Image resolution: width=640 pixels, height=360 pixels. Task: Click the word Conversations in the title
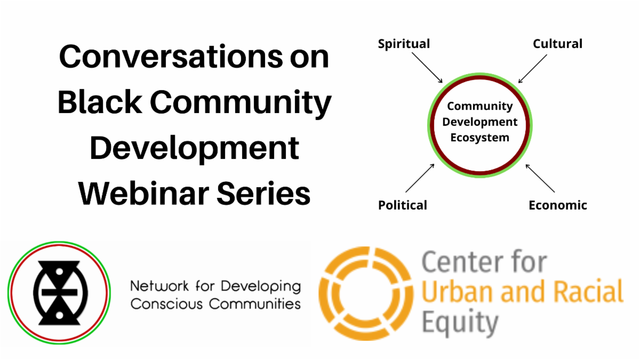171,57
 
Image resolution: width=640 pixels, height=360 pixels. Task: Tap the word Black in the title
100,102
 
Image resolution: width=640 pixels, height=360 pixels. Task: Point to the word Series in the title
263,194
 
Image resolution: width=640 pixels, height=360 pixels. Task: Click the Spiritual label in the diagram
404,44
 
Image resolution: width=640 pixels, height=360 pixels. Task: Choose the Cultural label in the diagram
557,44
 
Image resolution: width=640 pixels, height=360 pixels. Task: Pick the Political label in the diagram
403,205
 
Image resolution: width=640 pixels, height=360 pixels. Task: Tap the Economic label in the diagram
558,205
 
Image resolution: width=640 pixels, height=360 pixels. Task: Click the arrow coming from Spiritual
427,68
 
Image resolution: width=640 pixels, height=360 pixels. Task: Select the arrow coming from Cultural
533,69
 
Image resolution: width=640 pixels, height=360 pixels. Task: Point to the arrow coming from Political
420,178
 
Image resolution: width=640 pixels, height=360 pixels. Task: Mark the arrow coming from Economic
540,178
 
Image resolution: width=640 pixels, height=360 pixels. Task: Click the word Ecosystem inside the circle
479,138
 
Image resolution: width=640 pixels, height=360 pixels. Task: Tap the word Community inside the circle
479,106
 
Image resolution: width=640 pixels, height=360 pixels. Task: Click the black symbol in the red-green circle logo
59,293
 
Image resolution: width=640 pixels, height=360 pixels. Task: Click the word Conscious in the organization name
166,303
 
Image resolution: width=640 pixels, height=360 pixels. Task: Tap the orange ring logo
366,293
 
